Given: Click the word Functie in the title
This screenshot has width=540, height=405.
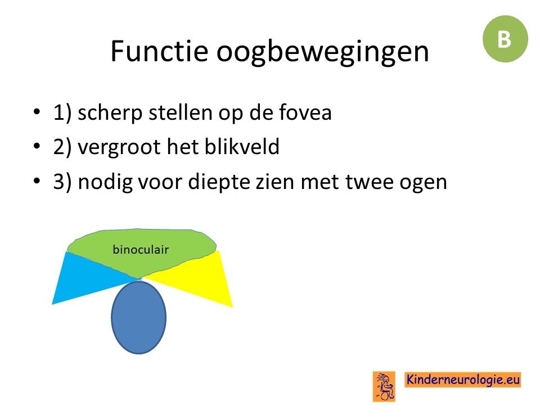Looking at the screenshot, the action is (x=159, y=51).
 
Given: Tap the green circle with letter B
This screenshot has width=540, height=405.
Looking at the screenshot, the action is (x=505, y=39).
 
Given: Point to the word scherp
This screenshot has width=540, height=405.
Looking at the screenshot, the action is (x=110, y=114).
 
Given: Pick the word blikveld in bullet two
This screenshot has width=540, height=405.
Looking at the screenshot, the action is (x=242, y=146).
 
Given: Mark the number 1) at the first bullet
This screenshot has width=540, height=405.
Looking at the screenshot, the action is (x=62, y=112).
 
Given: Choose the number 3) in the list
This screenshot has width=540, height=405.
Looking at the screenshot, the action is (x=62, y=182).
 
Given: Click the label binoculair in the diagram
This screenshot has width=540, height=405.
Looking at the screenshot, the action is (x=141, y=249).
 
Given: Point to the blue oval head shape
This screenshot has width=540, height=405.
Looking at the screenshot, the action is (x=139, y=317).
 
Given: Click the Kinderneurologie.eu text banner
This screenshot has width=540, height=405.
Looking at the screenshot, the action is (x=462, y=380).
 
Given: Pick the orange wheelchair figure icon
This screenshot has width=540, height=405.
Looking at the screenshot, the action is (x=384, y=386).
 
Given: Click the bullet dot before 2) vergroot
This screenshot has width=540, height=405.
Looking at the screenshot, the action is (x=37, y=146).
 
